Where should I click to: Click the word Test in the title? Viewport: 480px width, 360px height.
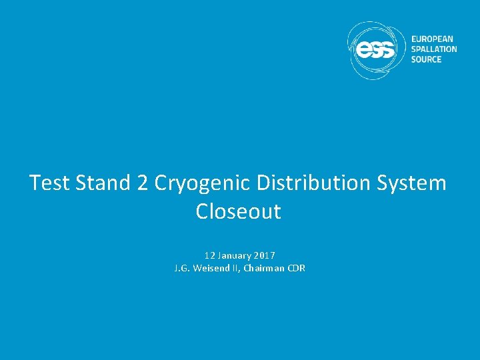50,183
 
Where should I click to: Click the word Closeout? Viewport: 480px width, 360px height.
239,212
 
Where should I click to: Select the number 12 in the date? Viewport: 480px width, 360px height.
210,255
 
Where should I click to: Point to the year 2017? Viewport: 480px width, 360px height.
265,255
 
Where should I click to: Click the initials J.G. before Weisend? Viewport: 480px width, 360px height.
180,268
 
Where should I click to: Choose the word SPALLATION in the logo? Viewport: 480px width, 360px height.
434,49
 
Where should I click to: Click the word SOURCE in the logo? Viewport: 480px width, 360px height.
427,59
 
